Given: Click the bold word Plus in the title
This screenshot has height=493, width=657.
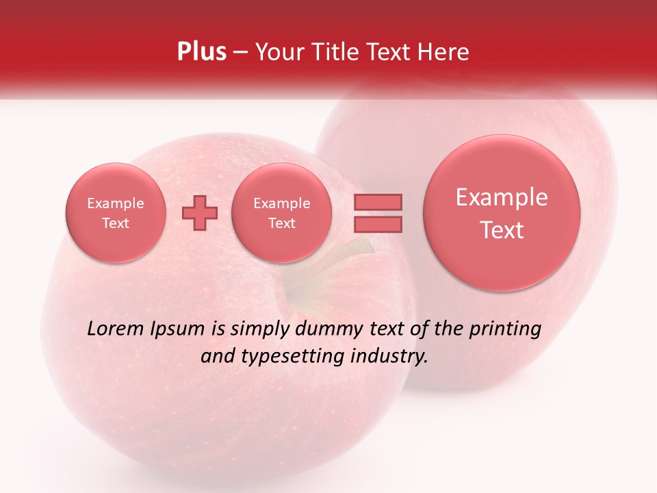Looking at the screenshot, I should pyautogui.click(x=201, y=52).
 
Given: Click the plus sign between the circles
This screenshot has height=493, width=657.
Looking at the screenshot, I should pyautogui.click(x=200, y=213).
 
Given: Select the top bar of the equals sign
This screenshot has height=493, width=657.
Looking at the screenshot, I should pyautogui.click(x=377, y=202).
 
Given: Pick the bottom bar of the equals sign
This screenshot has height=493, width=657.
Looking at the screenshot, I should pyautogui.click(x=377, y=224).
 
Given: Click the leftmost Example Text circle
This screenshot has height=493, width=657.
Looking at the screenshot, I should pyautogui.click(x=115, y=213).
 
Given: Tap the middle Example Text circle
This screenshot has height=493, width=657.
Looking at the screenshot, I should pyautogui.click(x=281, y=213).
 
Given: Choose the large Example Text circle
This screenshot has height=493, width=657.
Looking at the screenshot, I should pyautogui.click(x=502, y=213).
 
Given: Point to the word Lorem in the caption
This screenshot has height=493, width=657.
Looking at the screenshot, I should pyautogui.click(x=114, y=329).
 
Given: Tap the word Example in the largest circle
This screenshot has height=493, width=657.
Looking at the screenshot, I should pyautogui.click(x=502, y=197).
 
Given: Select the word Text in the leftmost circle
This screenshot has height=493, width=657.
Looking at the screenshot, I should pyautogui.click(x=115, y=223).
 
